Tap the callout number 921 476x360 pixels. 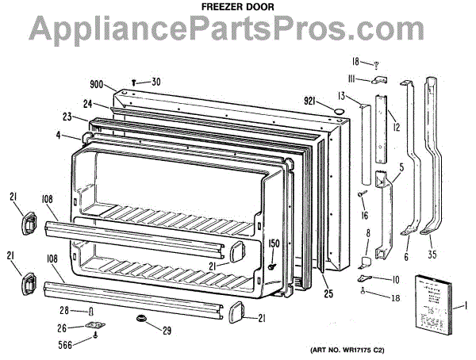pos(310,101)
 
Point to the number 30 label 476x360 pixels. pos(155,81)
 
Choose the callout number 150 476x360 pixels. pos(274,243)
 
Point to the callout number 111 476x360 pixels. pos(353,78)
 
